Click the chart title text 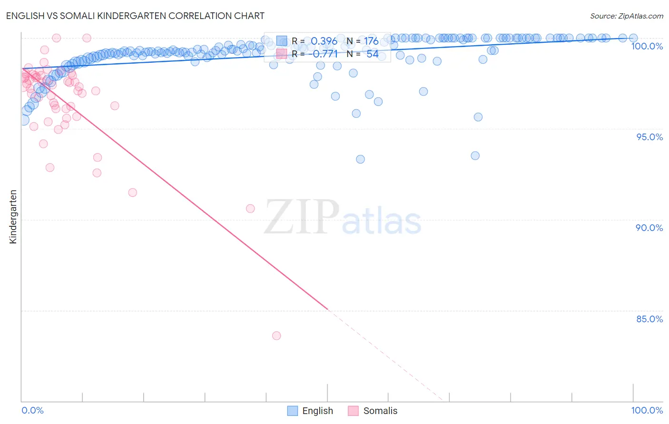[x=136, y=16]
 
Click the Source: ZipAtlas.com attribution [x=626, y=16]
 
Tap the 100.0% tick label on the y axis [x=647, y=46]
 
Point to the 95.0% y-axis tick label [x=649, y=137]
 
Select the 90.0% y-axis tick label [x=649, y=228]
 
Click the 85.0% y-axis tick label [x=649, y=319]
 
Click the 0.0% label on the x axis [x=32, y=410]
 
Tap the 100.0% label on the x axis [x=647, y=410]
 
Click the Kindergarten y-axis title [x=13, y=217]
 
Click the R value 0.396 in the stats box [x=324, y=41]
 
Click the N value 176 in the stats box [x=371, y=41]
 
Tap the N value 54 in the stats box [x=372, y=54]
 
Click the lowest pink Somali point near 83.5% [x=276, y=336]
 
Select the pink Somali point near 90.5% [x=250, y=208]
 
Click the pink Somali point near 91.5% [x=133, y=193]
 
